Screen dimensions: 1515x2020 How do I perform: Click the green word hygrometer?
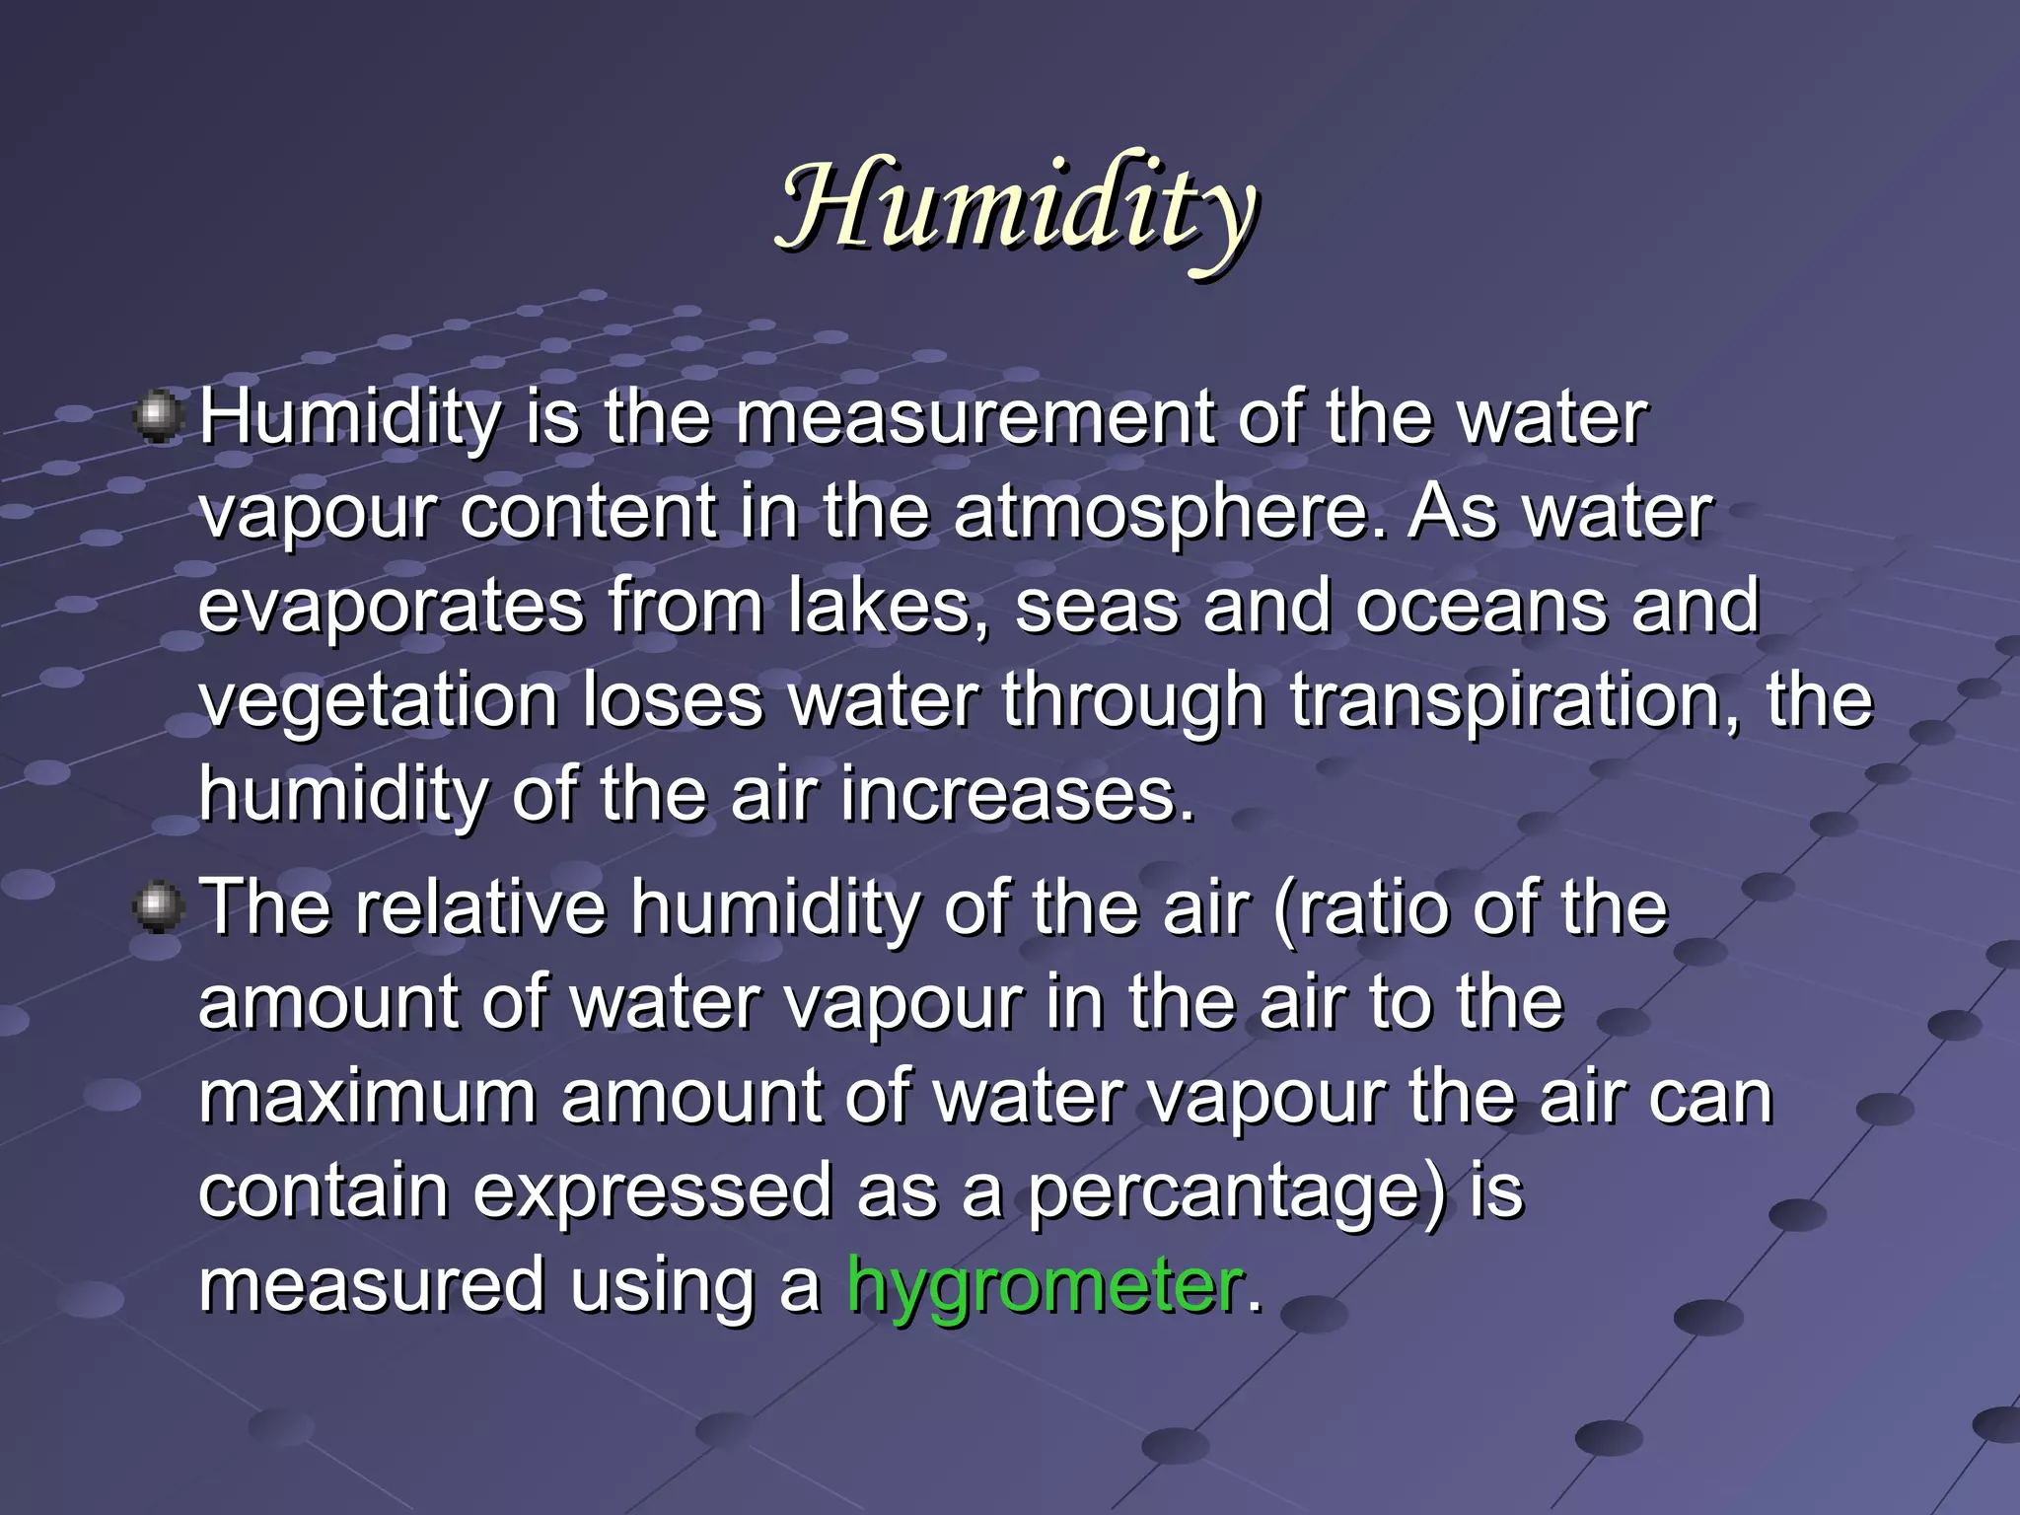(1044, 1285)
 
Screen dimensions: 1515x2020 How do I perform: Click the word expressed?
(652, 1191)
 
